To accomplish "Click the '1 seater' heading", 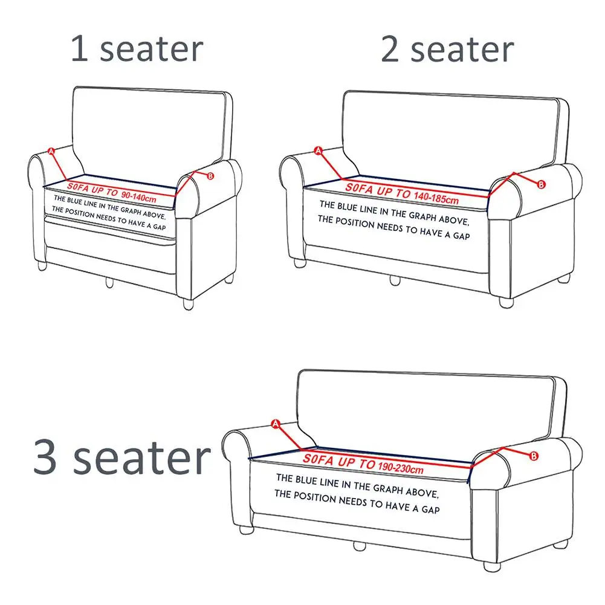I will click(137, 49).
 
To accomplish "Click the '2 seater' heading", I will click(447, 49).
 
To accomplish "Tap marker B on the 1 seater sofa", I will click(210, 176).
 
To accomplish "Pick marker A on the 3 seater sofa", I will click(276, 424).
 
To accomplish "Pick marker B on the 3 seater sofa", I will click(534, 456).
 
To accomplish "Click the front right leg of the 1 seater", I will click(189, 304).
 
